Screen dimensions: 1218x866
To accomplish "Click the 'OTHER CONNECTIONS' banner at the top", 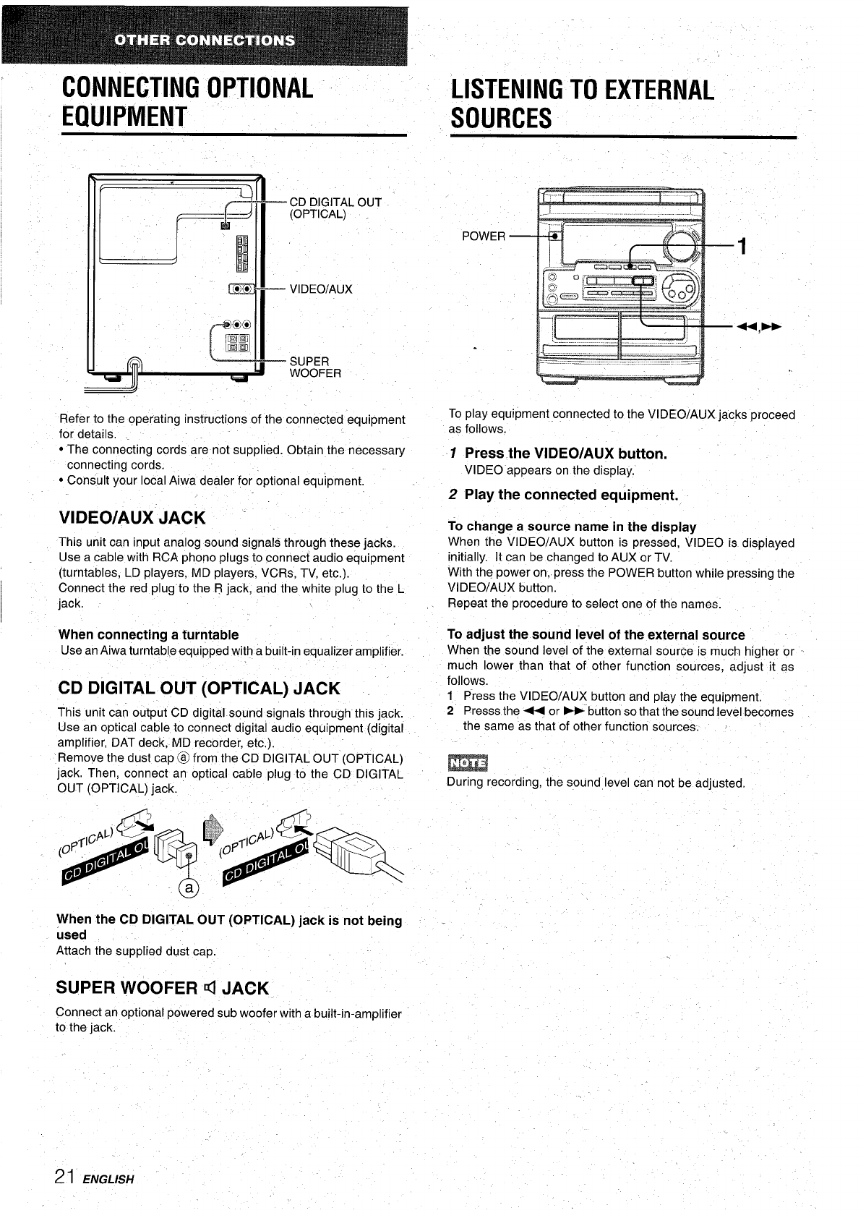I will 205,39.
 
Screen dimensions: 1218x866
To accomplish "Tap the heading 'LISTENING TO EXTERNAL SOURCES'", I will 582,103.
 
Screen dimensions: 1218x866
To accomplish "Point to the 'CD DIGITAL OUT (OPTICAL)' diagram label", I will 335,208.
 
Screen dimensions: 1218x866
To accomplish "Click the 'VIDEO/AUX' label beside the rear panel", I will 320,289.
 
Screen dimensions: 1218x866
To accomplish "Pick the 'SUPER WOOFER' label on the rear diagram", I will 315,367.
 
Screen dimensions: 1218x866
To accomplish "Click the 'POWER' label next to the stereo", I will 484,237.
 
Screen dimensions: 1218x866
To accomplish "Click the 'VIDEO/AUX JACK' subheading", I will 132,518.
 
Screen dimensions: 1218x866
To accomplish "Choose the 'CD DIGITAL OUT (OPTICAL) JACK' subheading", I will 199,687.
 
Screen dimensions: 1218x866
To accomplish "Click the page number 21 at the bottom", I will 67,1177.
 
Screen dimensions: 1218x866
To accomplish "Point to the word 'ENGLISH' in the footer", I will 109,1180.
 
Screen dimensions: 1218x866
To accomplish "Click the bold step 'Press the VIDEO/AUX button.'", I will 565,453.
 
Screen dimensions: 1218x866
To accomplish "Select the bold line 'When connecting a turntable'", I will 148,634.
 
